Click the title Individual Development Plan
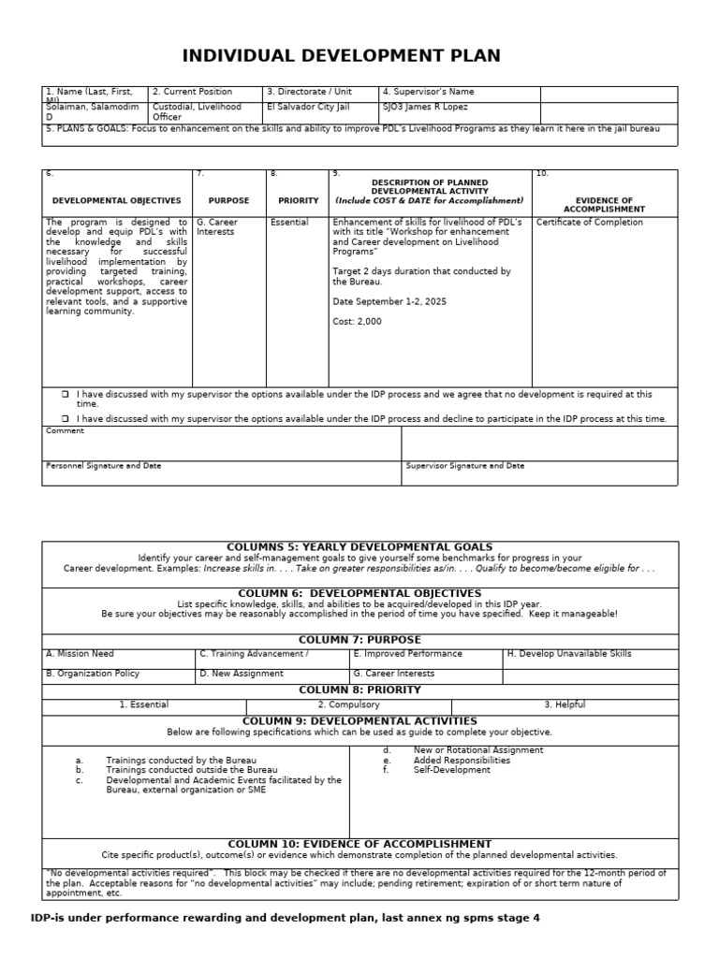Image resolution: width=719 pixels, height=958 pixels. point(341,56)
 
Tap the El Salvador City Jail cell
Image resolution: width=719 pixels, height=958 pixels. point(309,108)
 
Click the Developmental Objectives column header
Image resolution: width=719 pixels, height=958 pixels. point(116,200)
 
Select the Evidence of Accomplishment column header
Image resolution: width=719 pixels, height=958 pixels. point(604,205)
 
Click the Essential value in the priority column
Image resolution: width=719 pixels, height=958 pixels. point(288,223)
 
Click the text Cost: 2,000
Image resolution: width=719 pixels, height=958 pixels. point(358,322)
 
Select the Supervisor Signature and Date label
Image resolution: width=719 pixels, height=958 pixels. point(465,465)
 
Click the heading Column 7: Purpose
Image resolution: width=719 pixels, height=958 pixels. point(359,639)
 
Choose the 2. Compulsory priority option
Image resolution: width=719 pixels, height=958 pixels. point(348,704)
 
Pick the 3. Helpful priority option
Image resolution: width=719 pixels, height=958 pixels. point(565,704)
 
